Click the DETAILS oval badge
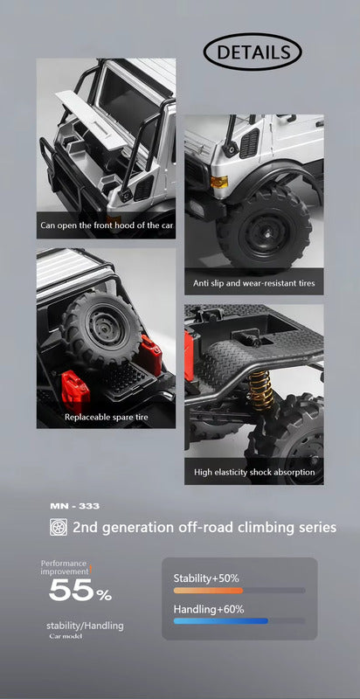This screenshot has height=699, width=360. point(253,52)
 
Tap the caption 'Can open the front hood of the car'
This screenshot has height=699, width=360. point(107,225)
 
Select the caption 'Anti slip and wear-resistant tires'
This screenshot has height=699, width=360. point(254,283)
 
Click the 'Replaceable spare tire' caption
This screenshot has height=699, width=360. point(106,418)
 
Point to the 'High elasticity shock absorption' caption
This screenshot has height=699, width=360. point(254,472)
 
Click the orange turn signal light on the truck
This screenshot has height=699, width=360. point(219,182)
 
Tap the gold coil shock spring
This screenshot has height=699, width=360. point(260,391)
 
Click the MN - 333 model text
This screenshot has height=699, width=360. point(75,506)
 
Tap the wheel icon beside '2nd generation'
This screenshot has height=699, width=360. point(59,527)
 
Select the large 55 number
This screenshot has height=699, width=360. point(70,591)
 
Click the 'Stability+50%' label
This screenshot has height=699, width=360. point(206,578)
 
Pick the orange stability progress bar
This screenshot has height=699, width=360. point(208,591)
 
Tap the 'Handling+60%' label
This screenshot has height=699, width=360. point(209,609)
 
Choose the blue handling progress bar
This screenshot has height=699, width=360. point(220,620)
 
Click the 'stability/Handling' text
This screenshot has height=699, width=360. point(85,626)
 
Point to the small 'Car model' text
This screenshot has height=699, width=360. point(66,636)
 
